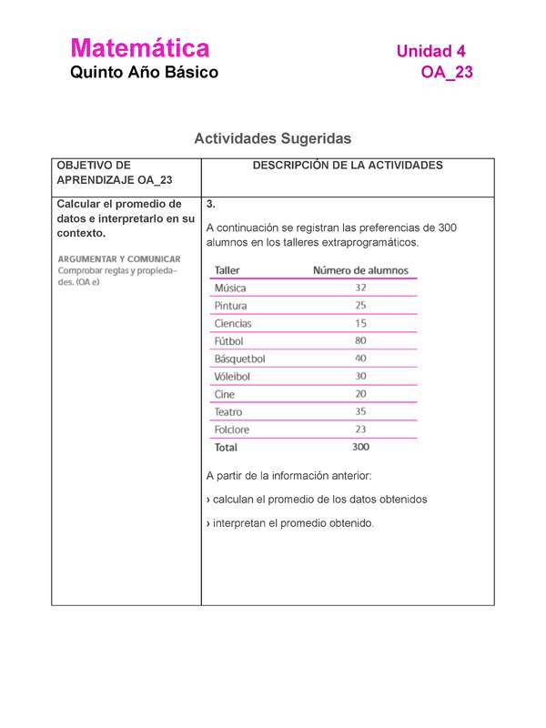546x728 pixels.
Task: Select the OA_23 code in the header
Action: point(447,73)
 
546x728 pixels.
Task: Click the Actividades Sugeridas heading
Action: point(272,138)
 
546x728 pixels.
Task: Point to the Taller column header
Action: point(227,270)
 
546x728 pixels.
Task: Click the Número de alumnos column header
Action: point(360,270)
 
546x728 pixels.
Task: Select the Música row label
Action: point(229,288)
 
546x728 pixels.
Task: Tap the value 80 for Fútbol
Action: point(360,341)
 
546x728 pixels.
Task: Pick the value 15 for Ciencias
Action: point(360,323)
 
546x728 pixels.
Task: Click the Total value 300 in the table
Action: point(360,447)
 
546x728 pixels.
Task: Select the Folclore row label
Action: point(231,430)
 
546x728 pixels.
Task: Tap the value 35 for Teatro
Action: point(360,411)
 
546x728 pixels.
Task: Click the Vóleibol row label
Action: point(232,376)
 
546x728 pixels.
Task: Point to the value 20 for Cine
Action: point(360,394)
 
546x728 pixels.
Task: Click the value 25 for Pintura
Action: point(360,306)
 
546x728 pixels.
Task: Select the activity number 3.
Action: point(210,203)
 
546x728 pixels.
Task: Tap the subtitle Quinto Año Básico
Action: point(145,73)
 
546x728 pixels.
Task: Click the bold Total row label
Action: point(225,448)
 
